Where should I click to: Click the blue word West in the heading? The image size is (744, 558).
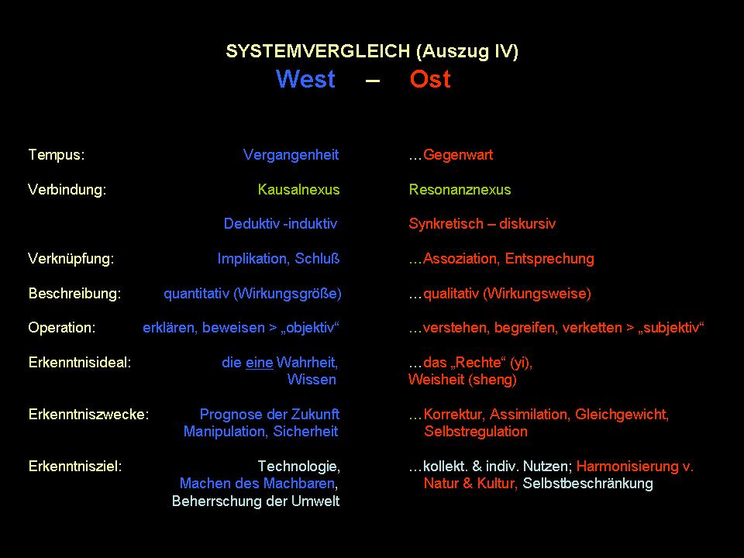pyautogui.click(x=305, y=79)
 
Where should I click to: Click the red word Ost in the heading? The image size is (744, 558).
pyautogui.click(x=430, y=79)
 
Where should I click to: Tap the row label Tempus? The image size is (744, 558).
pyautogui.click(x=57, y=155)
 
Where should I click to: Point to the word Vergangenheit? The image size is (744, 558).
pyautogui.click(x=291, y=155)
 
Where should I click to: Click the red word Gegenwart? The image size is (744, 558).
pyautogui.click(x=458, y=155)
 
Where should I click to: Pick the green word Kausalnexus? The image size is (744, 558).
pyautogui.click(x=298, y=190)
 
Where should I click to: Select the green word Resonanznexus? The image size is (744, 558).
pyautogui.click(x=460, y=190)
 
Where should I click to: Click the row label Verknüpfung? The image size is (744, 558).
pyautogui.click(x=71, y=259)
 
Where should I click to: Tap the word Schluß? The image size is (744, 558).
pyautogui.click(x=317, y=259)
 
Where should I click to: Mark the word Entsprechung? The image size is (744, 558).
pyautogui.click(x=549, y=259)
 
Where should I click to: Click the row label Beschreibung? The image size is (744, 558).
pyautogui.click(x=75, y=294)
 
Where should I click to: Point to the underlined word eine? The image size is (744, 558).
pyautogui.click(x=259, y=363)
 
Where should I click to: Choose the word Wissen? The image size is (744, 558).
pyautogui.click(x=312, y=380)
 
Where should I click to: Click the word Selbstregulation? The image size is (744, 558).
pyautogui.click(x=476, y=432)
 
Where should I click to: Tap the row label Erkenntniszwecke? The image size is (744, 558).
pyautogui.click(x=88, y=414)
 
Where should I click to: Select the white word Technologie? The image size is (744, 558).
pyautogui.click(x=298, y=467)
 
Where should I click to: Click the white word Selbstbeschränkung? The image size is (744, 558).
pyautogui.click(x=588, y=484)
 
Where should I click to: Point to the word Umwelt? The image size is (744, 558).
pyautogui.click(x=315, y=501)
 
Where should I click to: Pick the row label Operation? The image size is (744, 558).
pyautogui.click(x=62, y=328)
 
